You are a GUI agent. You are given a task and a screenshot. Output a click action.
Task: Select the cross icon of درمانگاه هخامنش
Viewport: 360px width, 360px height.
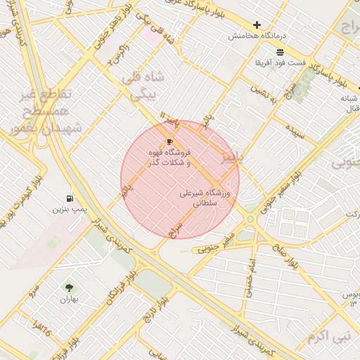click(257, 25)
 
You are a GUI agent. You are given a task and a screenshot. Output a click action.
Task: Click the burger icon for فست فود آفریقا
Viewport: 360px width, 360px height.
click(281, 53)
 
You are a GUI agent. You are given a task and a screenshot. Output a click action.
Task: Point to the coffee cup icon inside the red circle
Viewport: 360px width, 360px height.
click(169, 141)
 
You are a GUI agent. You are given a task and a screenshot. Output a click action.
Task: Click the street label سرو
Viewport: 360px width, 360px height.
click(32, 289)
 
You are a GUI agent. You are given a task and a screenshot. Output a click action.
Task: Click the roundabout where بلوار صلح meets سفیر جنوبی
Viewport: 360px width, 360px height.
click(250, 219)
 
